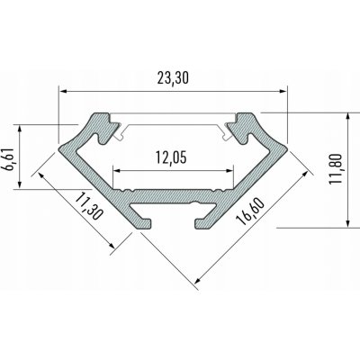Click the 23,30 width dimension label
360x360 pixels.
tap(171, 77)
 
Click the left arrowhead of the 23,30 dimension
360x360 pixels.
tap(63, 90)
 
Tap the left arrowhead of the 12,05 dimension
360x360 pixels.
tap(115, 170)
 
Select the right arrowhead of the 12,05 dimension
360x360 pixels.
tap(225, 170)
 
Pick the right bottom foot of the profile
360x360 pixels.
tap(200, 221)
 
